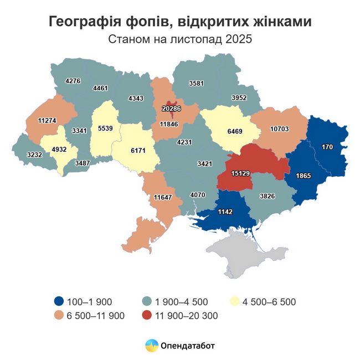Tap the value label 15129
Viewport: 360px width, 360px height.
[240, 173]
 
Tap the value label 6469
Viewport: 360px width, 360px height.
[235, 132]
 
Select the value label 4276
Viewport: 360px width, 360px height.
[73, 81]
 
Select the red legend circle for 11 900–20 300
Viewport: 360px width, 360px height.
[147, 315]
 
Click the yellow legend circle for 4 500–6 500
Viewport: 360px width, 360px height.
[235, 301]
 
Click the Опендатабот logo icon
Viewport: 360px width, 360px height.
[151, 346]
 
